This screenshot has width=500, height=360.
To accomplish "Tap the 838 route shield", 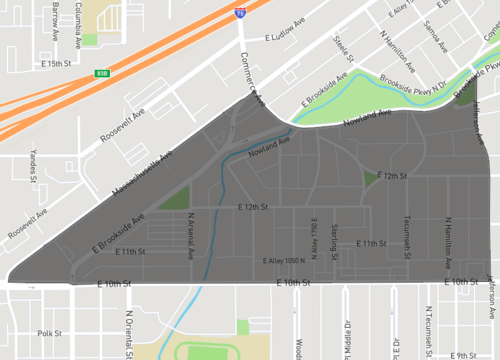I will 101,72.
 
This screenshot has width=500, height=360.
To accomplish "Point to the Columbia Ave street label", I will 78,14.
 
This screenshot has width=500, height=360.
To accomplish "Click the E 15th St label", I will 58,63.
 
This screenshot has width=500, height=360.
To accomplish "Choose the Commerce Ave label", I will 250,79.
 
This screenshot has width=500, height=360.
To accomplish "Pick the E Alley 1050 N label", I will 284,261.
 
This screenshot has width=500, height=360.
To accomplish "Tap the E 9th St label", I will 465,354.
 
